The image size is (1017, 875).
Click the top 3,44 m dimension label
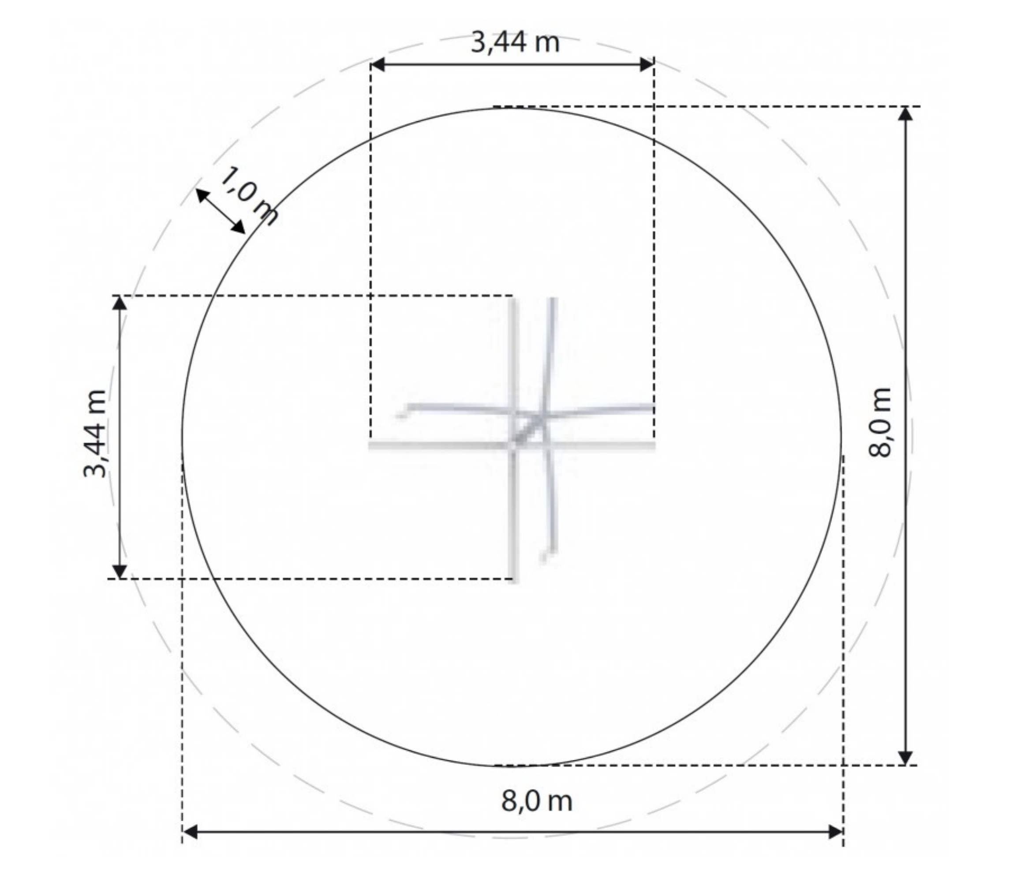click(515, 43)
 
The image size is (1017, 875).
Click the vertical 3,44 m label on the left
click(95, 434)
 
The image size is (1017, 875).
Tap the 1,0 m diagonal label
click(248, 195)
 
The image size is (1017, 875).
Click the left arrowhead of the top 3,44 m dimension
click(378, 64)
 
